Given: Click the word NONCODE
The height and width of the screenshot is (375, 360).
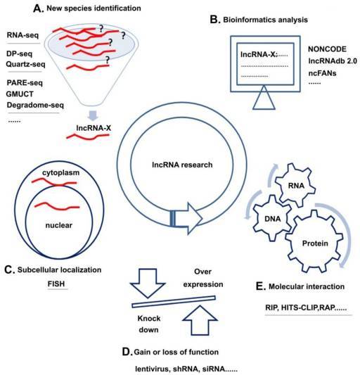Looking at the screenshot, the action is click(x=327, y=49).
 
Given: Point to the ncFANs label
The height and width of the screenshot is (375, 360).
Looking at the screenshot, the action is click(x=322, y=73).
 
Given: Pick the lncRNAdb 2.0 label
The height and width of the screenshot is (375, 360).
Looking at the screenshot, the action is click(x=333, y=61).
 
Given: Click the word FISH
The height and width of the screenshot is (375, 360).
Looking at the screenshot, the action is click(x=56, y=284).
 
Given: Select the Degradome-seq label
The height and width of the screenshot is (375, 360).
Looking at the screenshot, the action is click(x=35, y=106).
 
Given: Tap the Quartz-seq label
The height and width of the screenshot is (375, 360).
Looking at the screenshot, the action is click(x=25, y=64).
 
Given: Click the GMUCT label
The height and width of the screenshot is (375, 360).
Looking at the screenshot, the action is click(x=20, y=94).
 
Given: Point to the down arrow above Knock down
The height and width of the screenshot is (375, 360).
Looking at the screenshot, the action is click(x=148, y=283).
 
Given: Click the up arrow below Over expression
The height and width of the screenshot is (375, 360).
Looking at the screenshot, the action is click(x=200, y=320).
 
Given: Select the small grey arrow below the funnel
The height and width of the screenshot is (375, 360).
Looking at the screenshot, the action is click(x=93, y=115).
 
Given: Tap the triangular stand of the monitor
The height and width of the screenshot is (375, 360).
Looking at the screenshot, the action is click(x=264, y=98).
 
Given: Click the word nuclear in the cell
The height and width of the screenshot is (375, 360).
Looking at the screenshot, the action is click(x=59, y=225).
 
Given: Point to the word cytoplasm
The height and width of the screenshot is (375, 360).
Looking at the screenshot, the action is click(x=60, y=172).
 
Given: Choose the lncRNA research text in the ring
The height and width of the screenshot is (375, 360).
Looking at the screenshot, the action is click(x=182, y=165).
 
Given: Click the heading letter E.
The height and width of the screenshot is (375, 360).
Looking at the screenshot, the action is click(x=261, y=286).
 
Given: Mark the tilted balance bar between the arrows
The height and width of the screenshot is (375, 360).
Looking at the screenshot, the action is click(x=174, y=302).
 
